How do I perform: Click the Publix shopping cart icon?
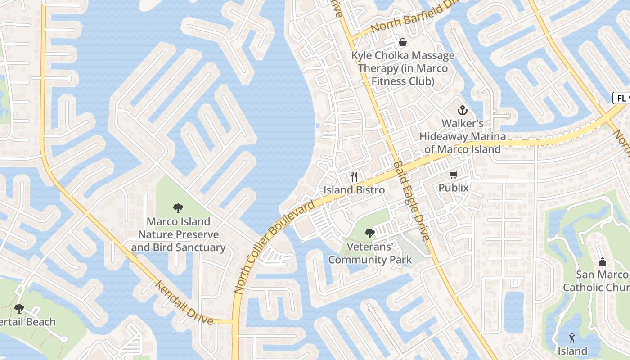(453, 175)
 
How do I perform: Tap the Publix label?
(454, 188)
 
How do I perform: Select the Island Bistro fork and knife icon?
(354, 177)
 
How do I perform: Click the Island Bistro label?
(354, 190)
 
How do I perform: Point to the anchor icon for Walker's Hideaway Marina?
(462, 110)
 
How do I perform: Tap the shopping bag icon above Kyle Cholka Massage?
(403, 42)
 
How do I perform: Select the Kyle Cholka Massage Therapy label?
(403, 68)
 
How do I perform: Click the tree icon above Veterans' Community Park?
(370, 234)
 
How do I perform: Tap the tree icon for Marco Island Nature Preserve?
(178, 208)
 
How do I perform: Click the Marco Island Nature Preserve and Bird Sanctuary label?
(179, 234)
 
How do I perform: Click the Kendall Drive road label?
(184, 302)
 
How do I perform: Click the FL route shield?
(622, 98)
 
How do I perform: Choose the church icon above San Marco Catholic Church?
(602, 261)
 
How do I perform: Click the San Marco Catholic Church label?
(597, 281)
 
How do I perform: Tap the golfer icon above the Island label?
(572, 337)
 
